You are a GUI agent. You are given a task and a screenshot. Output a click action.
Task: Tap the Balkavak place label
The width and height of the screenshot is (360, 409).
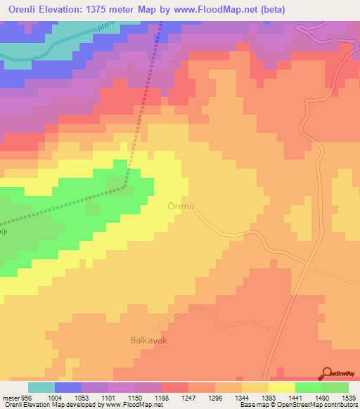point(148,339)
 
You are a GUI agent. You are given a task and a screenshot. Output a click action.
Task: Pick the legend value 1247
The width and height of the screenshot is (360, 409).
point(188,397)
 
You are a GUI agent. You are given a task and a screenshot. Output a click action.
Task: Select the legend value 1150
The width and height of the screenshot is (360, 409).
point(134,397)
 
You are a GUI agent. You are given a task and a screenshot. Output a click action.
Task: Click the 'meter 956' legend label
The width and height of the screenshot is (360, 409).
point(15,397)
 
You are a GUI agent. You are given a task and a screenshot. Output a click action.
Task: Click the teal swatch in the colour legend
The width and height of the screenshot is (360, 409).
point(41,387)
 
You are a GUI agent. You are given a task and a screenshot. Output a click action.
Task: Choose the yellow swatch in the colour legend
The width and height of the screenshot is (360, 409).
point(281,387)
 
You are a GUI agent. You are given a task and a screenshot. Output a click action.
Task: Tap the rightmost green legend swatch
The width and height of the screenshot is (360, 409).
point(335,387)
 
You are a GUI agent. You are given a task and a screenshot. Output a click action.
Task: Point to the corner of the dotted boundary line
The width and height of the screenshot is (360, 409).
point(125,187)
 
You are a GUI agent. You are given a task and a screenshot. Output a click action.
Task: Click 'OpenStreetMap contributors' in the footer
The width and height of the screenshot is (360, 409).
point(319,405)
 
